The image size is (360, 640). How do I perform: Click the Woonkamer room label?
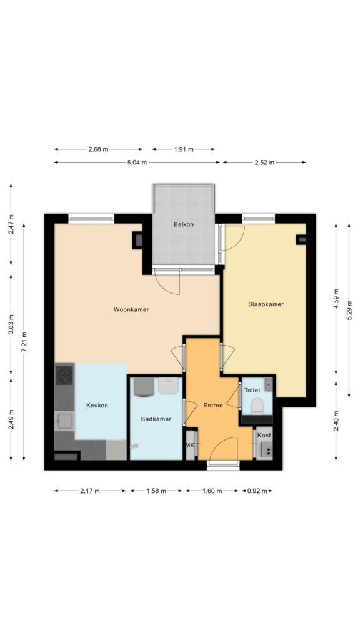(x=131, y=309)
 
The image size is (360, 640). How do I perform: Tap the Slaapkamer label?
(x=266, y=304)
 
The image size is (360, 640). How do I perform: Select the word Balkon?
(x=184, y=224)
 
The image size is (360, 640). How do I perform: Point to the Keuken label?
(x=97, y=405)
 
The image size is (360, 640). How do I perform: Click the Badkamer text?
(x=156, y=419)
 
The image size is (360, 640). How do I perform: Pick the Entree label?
(x=213, y=405)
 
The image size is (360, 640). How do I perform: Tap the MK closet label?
(x=190, y=445)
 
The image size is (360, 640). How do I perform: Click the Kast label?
(x=264, y=436)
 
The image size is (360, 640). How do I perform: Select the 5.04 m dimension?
(x=137, y=162)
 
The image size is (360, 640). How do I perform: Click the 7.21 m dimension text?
(x=24, y=342)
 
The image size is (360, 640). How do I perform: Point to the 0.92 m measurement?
(x=257, y=491)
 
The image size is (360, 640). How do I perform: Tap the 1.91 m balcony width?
(x=184, y=149)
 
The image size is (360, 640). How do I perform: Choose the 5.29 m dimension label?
(x=349, y=310)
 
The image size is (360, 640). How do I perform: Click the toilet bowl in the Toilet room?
(x=257, y=406)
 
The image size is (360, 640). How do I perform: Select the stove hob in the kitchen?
(x=64, y=376)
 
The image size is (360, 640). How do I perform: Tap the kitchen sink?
(x=64, y=421)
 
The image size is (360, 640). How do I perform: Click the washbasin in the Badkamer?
(x=167, y=386)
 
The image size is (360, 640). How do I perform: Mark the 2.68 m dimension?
(x=99, y=149)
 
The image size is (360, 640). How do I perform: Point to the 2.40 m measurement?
(x=336, y=421)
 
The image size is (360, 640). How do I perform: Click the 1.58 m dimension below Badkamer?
(x=156, y=491)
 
